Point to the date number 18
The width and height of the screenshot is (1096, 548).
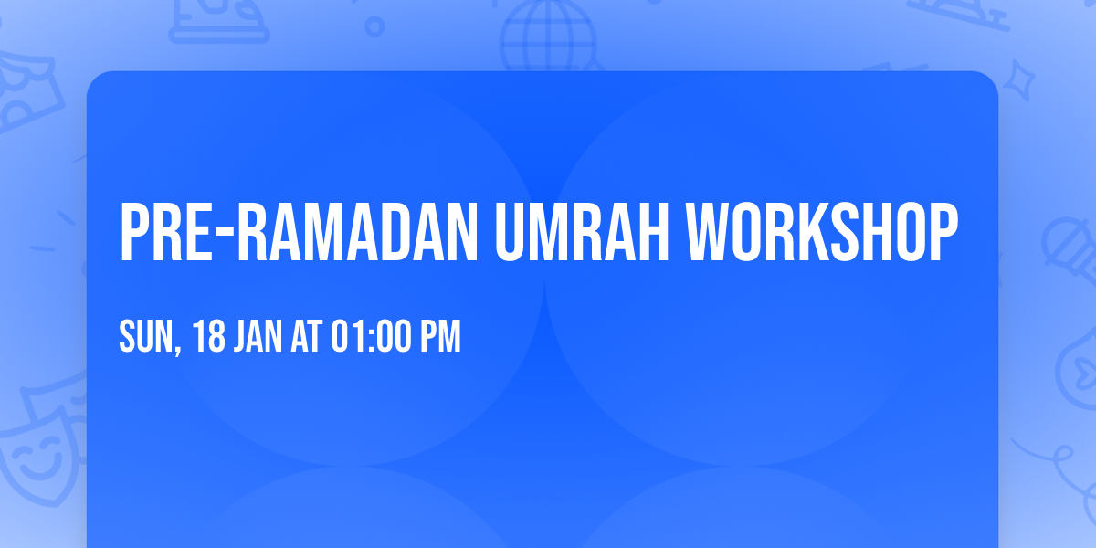(209, 337)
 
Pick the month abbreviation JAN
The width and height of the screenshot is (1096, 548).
(261, 337)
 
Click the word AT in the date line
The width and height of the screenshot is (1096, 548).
(308, 337)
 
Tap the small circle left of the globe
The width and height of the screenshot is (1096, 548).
(374, 26)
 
